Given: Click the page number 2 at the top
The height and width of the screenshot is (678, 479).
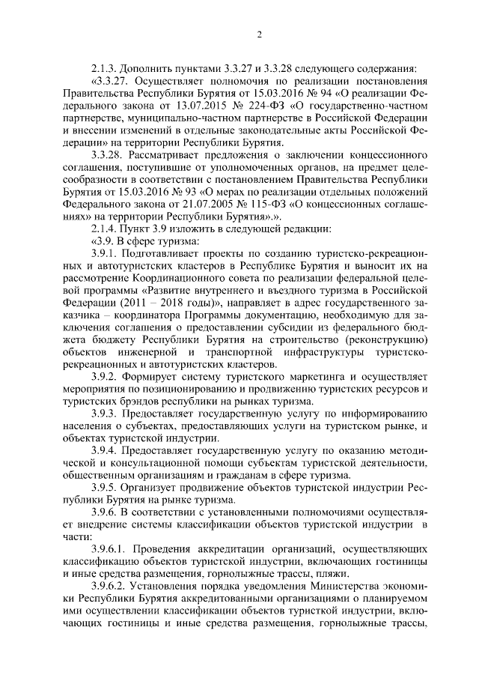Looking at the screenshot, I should click(258, 34).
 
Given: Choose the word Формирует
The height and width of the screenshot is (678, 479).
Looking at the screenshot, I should click(155, 375).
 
